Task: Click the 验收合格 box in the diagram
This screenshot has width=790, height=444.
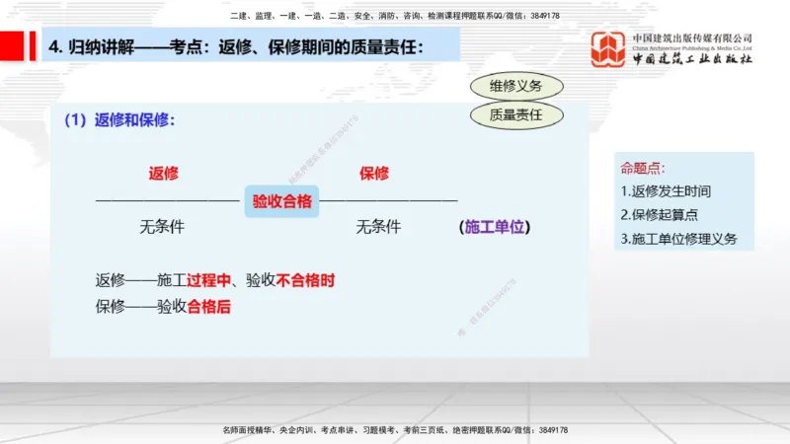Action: click(x=281, y=202)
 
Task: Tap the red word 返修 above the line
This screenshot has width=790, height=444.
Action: click(x=163, y=174)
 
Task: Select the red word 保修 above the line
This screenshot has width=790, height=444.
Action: click(x=374, y=174)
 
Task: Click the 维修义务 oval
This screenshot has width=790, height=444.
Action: click(x=515, y=87)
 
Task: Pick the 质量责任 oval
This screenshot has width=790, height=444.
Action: click(x=515, y=115)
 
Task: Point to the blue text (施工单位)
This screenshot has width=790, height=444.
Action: click(x=495, y=227)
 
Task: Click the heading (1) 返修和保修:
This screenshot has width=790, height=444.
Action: click(x=120, y=120)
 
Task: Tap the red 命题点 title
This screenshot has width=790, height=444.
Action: click(x=643, y=168)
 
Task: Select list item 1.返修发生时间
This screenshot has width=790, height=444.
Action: click(x=666, y=191)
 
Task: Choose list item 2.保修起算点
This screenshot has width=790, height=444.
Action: click(x=660, y=215)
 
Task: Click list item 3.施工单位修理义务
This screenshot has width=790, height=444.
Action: click(x=678, y=239)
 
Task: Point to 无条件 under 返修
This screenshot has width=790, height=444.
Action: click(x=162, y=227)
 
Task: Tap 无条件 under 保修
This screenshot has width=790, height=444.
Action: click(x=378, y=227)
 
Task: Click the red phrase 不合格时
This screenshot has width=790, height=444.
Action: click(x=305, y=280)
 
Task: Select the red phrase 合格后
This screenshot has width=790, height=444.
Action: click(x=208, y=306)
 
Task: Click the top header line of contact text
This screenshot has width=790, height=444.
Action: click(x=394, y=16)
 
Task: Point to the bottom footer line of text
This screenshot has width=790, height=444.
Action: click(x=394, y=430)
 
